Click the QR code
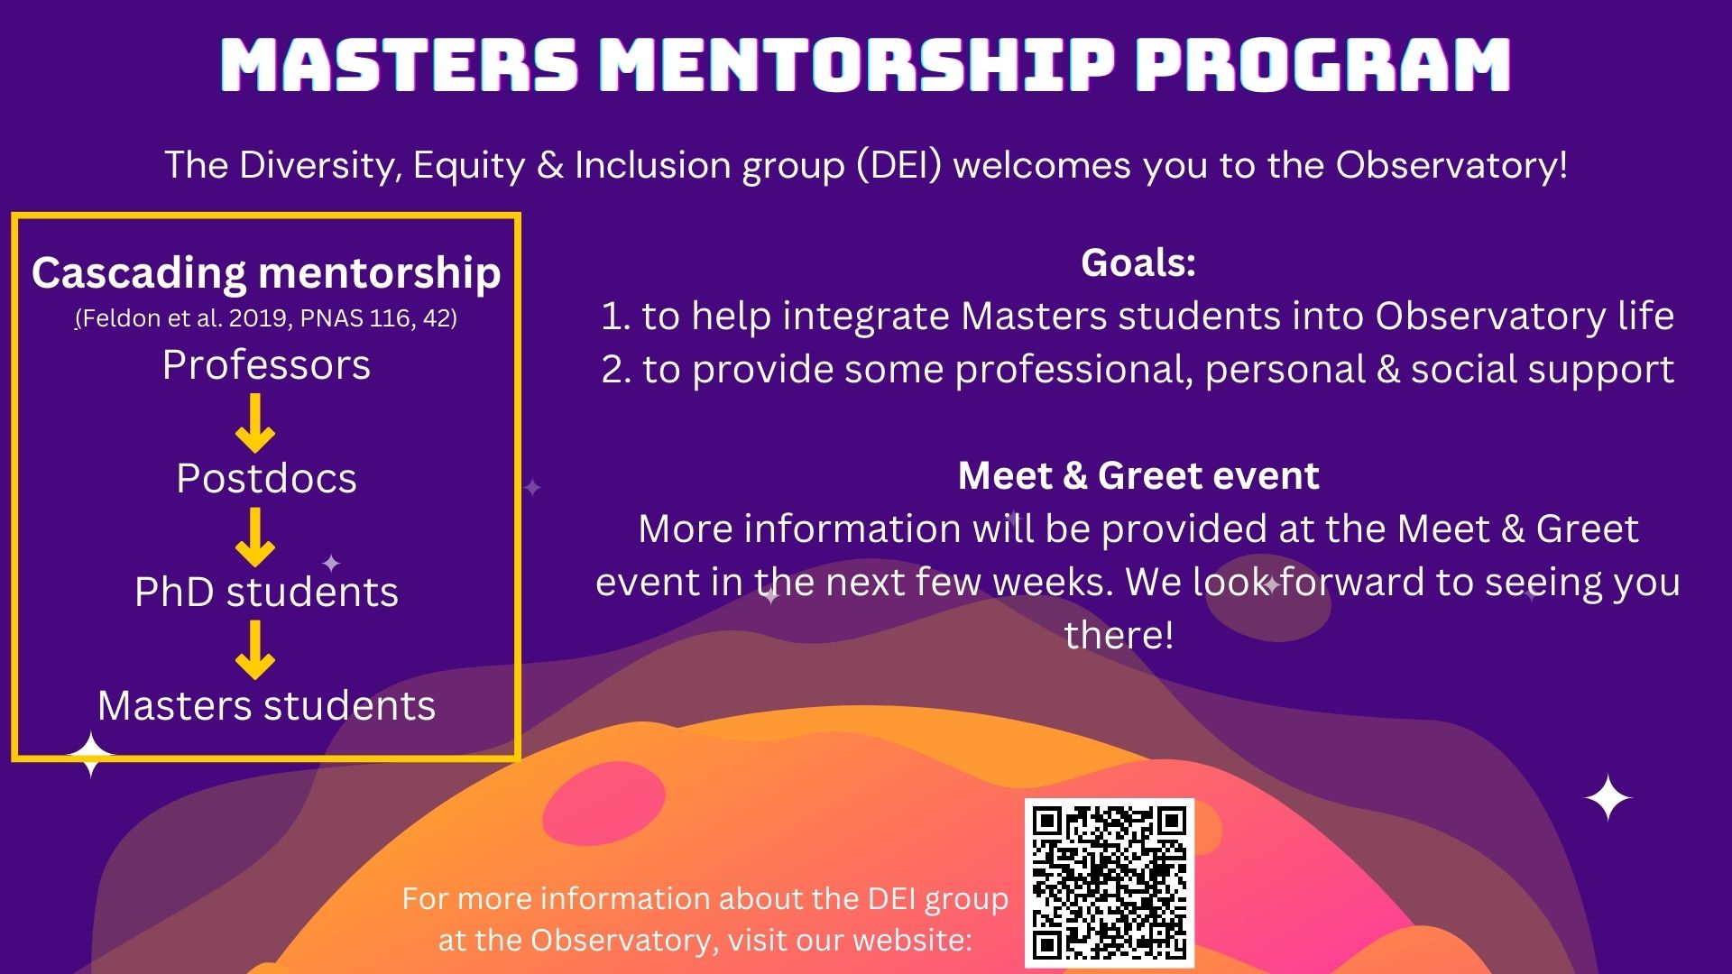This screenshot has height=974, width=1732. coord(1109,882)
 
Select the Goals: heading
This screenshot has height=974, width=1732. coord(1138,262)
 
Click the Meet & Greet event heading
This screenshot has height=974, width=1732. coord(1138,475)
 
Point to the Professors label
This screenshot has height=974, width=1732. coord(266,365)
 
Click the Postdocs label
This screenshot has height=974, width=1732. coord(266,478)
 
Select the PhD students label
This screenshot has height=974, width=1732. coord(266,592)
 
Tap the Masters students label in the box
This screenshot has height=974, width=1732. coord(266,705)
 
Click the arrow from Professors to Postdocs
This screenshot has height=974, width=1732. coord(255,422)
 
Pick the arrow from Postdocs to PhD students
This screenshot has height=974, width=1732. coord(255,537)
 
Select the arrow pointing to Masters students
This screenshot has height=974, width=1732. coord(255,649)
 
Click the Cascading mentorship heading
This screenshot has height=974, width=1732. coord(266,272)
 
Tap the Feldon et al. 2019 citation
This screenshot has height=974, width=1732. coord(266,318)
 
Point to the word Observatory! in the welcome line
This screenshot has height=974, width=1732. coord(1451,165)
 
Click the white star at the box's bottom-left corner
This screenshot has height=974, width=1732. coord(90,755)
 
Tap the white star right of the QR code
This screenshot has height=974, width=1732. coord(1608,798)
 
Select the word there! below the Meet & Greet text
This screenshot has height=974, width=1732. coord(1119,635)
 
